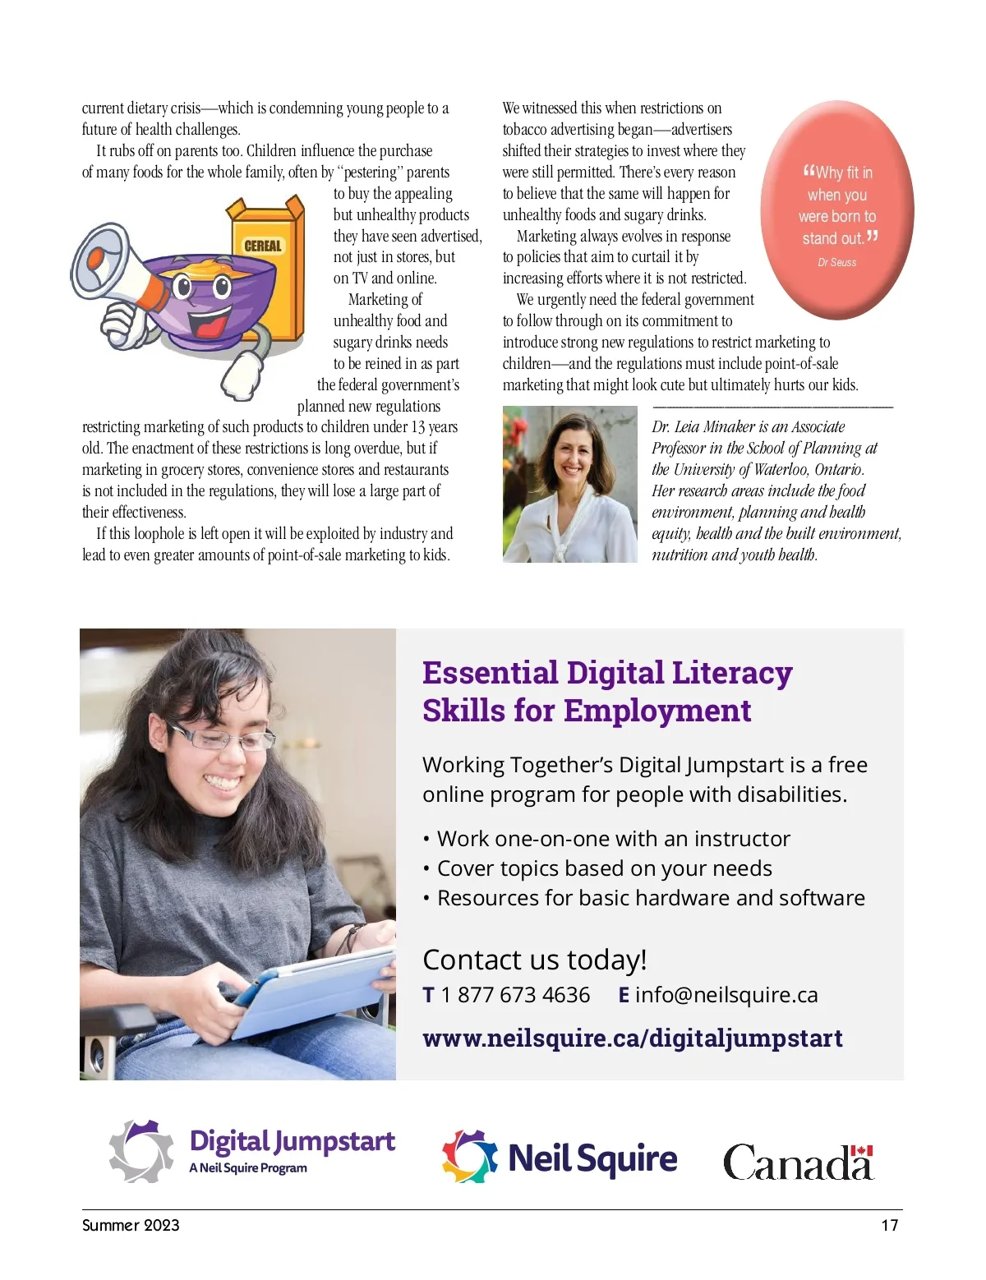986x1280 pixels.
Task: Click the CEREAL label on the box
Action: coord(263,246)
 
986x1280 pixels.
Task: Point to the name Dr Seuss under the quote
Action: coord(836,263)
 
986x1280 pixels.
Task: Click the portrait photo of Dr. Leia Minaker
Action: coord(569,484)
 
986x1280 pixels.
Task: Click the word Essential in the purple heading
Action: coord(490,673)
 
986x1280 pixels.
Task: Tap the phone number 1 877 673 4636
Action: coord(515,995)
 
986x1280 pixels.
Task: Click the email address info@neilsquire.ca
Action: coord(726,995)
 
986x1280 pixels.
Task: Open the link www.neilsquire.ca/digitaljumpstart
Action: coord(633,1038)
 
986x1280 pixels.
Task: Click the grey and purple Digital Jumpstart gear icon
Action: coord(142,1151)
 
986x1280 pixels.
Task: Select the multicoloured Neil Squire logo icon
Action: coord(470,1156)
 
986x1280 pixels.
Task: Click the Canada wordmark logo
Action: coord(798,1161)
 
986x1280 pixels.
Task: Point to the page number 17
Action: coord(889,1225)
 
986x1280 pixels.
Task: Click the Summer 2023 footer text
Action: coord(131,1225)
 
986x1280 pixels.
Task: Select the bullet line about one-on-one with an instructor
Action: coord(613,839)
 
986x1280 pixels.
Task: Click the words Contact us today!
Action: coord(534,960)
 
